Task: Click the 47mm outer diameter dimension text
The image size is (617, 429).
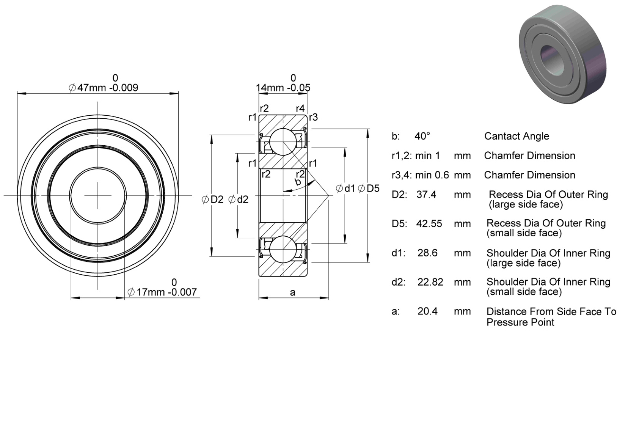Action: pyautogui.click(x=104, y=83)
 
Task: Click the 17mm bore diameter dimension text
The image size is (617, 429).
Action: pyautogui.click(x=163, y=288)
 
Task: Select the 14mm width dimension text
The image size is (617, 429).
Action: pyautogui.click(x=283, y=83)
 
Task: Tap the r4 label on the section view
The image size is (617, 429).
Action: pyautogui.click(x=300, y=108)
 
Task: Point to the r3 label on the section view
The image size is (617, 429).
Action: pyautogui.click(x=314, y=117)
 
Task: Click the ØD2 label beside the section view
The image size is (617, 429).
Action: pyautogui.click(x=212, y=199)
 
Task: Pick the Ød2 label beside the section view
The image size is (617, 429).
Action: pyautogui.click(x=238, y=199)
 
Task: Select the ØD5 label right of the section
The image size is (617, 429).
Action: pyautogui.click(x=369, y=189)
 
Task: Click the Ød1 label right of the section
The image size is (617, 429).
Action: pyautogui.click(x=345, y=189)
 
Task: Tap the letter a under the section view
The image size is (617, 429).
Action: pyautogui.click(x=292, y=292)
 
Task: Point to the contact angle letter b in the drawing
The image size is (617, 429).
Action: pyautogui.click(x=298, y=182)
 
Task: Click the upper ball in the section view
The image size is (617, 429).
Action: pyautogui.click(x=283, y=142)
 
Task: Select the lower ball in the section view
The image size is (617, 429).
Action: pyautogui.click(x=283, y=249)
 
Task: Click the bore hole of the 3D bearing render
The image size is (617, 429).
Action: pyautogui.click(x=552, y=60)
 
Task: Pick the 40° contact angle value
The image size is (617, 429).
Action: pyautogui.click(x=422, y=136)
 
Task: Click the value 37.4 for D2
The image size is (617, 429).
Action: pyautogui.click(x=426, y=195)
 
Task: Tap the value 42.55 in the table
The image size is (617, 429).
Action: pyautogui.click(x=429, y=223)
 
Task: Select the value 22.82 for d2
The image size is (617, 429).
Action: pyautogui.click(x=430, y=282)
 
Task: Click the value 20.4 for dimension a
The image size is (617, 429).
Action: pyautogui.click(x=427, y=311)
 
